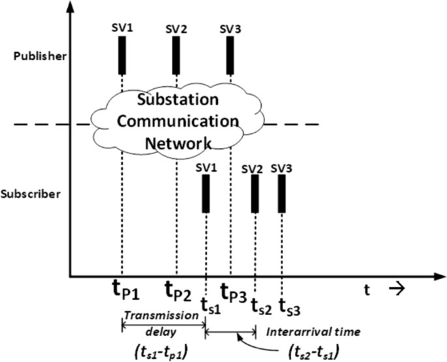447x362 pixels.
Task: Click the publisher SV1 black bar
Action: (x=122, y=55)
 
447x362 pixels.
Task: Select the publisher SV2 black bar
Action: (x=176, y=55)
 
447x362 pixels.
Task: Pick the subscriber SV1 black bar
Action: (x=206, y=194)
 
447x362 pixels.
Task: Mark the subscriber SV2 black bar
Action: (x=255, y=194)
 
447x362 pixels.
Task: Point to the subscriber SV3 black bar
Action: (x=281, y=194)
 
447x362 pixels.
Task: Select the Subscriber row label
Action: (x=40, y=194)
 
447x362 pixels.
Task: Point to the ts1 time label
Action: (x=210, y=304)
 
